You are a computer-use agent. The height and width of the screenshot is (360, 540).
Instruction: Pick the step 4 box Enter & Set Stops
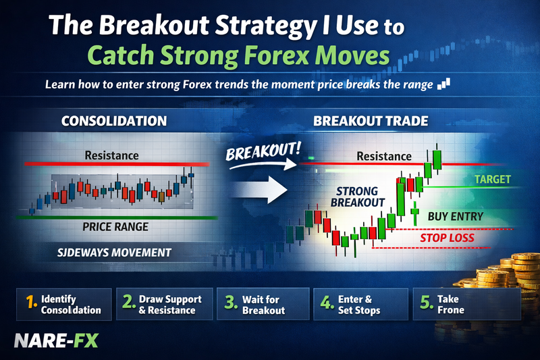361,303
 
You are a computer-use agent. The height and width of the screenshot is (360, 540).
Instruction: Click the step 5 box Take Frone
466,303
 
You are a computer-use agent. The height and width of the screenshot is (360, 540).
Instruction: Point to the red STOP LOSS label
447,238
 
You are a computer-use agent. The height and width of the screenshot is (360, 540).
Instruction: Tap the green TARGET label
492,180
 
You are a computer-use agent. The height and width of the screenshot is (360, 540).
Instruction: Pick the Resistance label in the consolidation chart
111,155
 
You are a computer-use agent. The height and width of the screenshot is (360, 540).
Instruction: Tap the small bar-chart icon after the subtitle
443,84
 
